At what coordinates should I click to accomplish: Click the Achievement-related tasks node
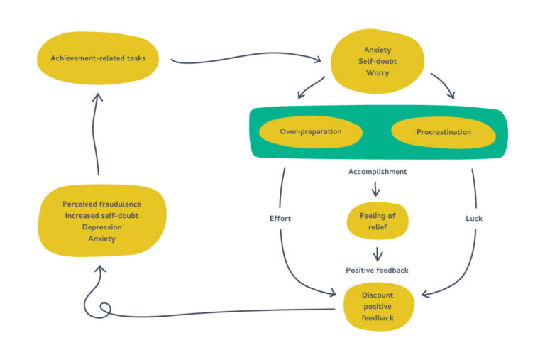98,58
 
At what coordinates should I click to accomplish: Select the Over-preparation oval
311,132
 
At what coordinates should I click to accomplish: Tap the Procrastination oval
444,132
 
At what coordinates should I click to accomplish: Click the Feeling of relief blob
378,221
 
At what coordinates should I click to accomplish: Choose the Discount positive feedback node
378,306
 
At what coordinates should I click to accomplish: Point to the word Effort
280,218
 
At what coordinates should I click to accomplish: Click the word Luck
473,218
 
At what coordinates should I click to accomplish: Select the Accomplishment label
378,172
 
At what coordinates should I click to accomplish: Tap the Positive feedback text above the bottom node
378,270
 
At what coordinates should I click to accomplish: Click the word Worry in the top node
377,73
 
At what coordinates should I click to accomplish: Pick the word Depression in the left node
101,227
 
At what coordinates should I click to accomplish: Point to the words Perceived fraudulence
101,204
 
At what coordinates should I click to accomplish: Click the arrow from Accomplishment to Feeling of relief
376,189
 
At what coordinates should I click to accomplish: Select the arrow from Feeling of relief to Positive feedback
378,253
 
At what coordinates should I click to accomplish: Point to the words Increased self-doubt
101,215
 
